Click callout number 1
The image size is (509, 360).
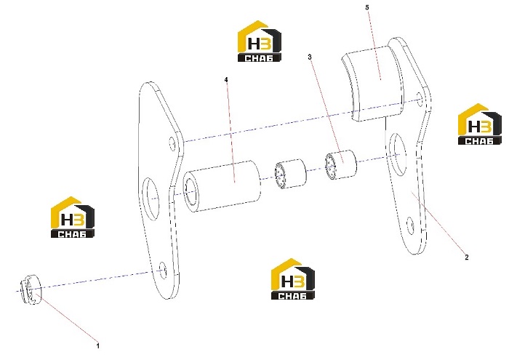97,345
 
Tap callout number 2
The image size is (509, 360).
467,257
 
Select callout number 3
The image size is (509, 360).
310,57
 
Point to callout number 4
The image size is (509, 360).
226,79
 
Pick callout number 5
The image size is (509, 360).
367,7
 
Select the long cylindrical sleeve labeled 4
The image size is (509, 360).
222,185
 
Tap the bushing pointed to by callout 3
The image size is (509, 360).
340,164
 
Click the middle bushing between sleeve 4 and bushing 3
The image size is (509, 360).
290,174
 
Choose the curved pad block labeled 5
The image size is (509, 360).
373,83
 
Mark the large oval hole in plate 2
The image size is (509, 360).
397,154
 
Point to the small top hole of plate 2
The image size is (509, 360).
420,100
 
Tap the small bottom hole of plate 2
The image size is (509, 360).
410,226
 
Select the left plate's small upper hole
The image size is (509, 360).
172,143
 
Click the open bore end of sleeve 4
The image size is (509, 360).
191,193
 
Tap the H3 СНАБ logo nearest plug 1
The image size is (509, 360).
73,217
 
